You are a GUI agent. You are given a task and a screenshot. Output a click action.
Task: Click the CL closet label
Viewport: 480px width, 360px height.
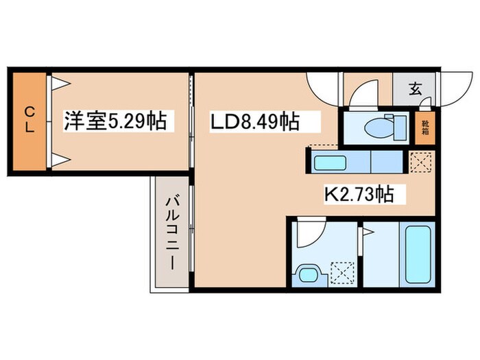click(x=29, y=121)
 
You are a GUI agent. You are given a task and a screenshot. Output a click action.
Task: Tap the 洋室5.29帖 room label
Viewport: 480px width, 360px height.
click(x=115, y=121)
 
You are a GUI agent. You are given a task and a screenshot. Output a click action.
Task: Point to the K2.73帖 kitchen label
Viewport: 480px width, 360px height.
click(x=358, y=195)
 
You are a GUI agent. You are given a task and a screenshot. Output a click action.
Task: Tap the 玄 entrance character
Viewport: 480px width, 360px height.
click(x=415, y=88)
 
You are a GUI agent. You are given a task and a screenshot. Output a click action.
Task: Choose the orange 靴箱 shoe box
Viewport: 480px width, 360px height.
click(x=425, y=129)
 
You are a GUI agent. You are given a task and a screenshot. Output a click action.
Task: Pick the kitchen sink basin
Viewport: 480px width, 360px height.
click(x=331, y=163)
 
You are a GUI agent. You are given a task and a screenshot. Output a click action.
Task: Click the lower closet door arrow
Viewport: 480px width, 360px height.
click(x=60, y=160)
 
